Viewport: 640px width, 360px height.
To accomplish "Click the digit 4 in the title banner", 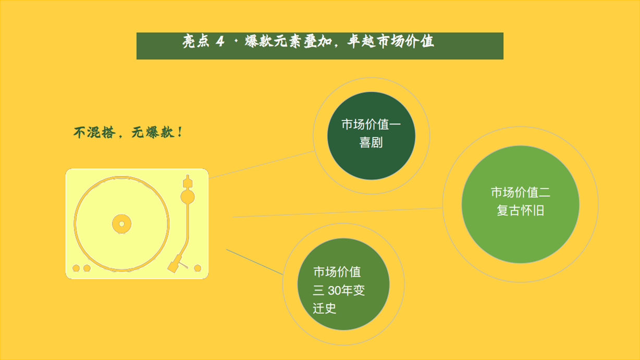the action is coord(220,42).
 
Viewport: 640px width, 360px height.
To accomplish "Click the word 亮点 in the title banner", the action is coord(196,41).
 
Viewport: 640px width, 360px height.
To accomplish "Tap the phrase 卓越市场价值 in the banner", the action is coord(390,41).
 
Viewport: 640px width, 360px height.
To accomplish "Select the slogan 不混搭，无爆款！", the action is coord(128,132).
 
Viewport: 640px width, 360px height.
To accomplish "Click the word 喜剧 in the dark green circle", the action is coord(371,142).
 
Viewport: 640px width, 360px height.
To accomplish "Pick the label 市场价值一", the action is coord(371,125).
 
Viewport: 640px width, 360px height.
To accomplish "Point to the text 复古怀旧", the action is coord(521,210).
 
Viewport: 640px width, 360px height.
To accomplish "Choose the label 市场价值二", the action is coord(521,192).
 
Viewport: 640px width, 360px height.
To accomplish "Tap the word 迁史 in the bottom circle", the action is coord(324,308).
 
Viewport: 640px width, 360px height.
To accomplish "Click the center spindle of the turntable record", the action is coord(122,224).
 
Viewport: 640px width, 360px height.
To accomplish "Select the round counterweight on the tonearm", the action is coord(188,197).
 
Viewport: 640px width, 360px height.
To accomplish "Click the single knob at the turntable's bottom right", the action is coord(198,268).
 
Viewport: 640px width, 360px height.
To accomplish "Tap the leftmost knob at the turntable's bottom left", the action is coord(76,268).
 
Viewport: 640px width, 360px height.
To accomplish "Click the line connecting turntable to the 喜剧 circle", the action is coord(262,165).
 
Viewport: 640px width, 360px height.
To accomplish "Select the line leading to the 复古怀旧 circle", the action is coord(338,213).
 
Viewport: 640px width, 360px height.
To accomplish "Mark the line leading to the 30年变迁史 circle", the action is coord(254,262).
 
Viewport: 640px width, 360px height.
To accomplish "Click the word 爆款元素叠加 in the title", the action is coord(288,42).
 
